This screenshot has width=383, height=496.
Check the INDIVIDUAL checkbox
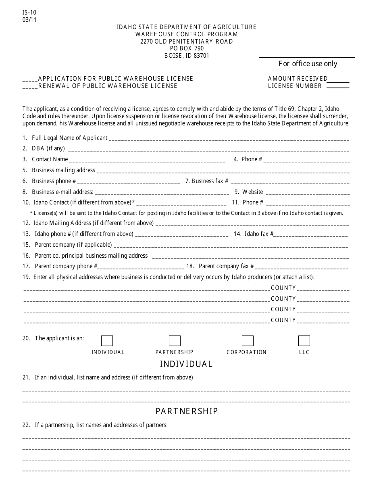(x=107, y=341)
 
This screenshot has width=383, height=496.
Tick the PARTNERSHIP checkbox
(x=175, y=341)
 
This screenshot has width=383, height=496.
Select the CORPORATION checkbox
(x=248, y=341)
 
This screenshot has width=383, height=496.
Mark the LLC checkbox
(x=304, y=341)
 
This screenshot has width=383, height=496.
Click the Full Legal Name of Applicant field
(x=229, y=139)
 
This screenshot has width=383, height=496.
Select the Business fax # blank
(x=289, y=182)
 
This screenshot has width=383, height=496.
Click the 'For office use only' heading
(x=308, y=64)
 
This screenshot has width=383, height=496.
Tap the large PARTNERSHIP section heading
(x=187, y=411)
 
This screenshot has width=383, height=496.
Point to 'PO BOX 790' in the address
(x=187, y=48)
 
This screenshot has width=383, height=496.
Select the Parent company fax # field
(x=302, y=267)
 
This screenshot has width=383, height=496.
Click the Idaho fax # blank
(x=311, y=235)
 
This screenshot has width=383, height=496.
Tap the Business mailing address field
(x=223, y=171)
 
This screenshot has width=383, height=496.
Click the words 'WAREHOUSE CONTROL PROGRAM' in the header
(x=187, y=34)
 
